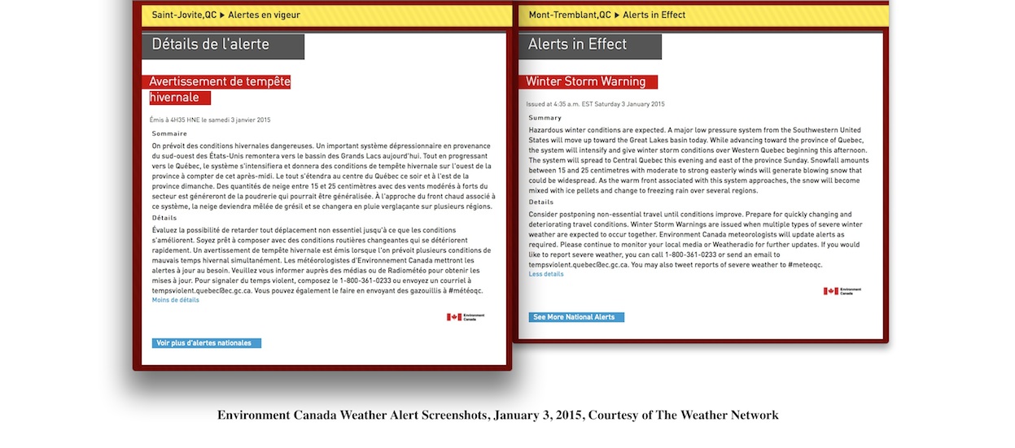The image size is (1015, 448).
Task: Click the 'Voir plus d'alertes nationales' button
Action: point(206,343)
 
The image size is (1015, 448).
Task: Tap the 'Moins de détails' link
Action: point(175,300)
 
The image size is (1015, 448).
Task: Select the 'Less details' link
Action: point(545,274)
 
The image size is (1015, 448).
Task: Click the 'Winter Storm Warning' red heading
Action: point(586,81)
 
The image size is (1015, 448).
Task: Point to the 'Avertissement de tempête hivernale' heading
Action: point(219,89)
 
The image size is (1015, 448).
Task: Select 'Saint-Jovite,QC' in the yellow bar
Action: point(184,15)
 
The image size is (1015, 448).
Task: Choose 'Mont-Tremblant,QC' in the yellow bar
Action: point(570,15)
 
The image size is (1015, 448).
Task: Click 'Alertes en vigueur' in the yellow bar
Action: point(264,15)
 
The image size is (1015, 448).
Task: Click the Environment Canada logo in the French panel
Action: point(466,317)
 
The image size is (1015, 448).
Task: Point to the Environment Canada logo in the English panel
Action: point(842,291)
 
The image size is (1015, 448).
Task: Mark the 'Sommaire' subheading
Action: point(169,133)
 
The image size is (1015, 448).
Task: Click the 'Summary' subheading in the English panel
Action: point(545,118)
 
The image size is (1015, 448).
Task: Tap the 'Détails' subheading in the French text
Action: point(164,218)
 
